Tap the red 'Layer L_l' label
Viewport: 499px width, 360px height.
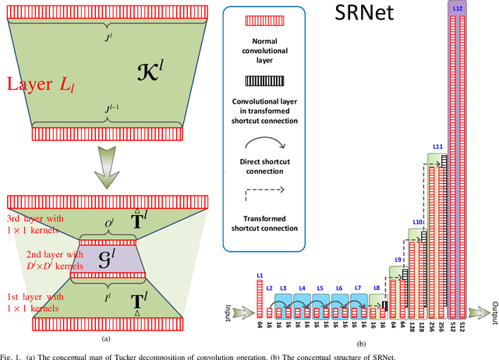coord(37,83)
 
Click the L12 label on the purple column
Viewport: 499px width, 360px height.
coord(456,6)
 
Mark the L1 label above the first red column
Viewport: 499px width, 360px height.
coord(259,276)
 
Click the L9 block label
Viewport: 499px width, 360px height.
coord(398,260)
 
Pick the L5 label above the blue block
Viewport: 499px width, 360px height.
coord(319,288)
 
